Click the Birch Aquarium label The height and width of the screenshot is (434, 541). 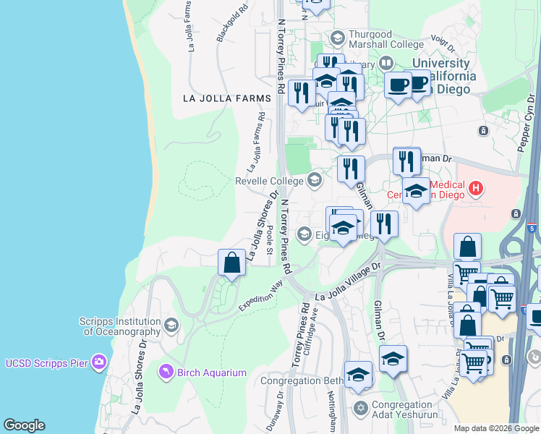tap(213, 373)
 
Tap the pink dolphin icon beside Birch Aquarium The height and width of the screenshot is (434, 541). tap(166, 373)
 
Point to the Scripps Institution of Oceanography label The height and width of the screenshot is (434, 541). tap(120, 327)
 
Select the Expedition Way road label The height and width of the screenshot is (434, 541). tap(261, 297)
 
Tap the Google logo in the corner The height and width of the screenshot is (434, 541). tap(24, 425)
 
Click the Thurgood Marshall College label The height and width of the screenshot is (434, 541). tap(370, 39)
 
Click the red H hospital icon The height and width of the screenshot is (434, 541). tap(475, 190)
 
